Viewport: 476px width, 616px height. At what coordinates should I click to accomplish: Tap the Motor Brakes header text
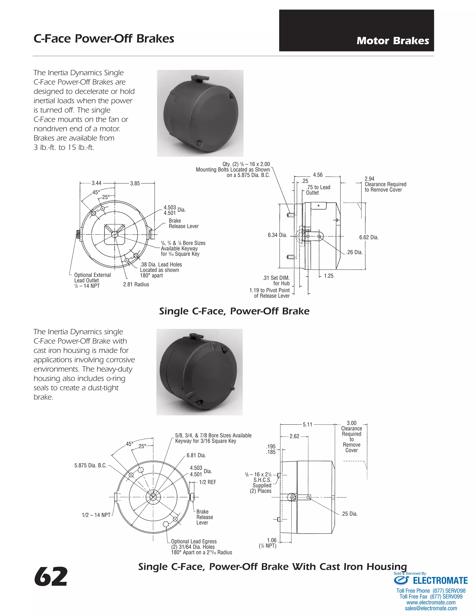pos(393,41)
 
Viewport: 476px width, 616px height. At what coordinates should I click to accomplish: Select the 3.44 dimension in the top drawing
pos(96,183)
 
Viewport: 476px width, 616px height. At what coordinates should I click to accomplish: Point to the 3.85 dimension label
pos(135,183)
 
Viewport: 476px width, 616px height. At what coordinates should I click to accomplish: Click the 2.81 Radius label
pos(136,284)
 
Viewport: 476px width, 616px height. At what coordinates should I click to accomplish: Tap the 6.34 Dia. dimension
pos(277,235)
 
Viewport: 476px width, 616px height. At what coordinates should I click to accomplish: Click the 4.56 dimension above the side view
pos(317,175)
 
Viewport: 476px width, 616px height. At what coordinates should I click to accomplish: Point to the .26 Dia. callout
pos(354,252)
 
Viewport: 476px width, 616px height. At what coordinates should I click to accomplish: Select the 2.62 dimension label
pos(294,436)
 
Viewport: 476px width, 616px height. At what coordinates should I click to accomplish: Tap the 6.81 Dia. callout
pos(196,455)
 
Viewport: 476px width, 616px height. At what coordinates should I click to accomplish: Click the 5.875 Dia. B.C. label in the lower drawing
pos(90,465)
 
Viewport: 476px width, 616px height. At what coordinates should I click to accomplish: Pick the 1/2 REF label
pos(207,482)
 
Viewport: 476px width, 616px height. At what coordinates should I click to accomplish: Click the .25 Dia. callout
pos(349,514)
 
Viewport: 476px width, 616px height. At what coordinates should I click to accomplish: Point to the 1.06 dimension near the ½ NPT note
pos(271,540)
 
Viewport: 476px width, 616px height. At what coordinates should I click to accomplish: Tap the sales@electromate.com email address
pos(431,608)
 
